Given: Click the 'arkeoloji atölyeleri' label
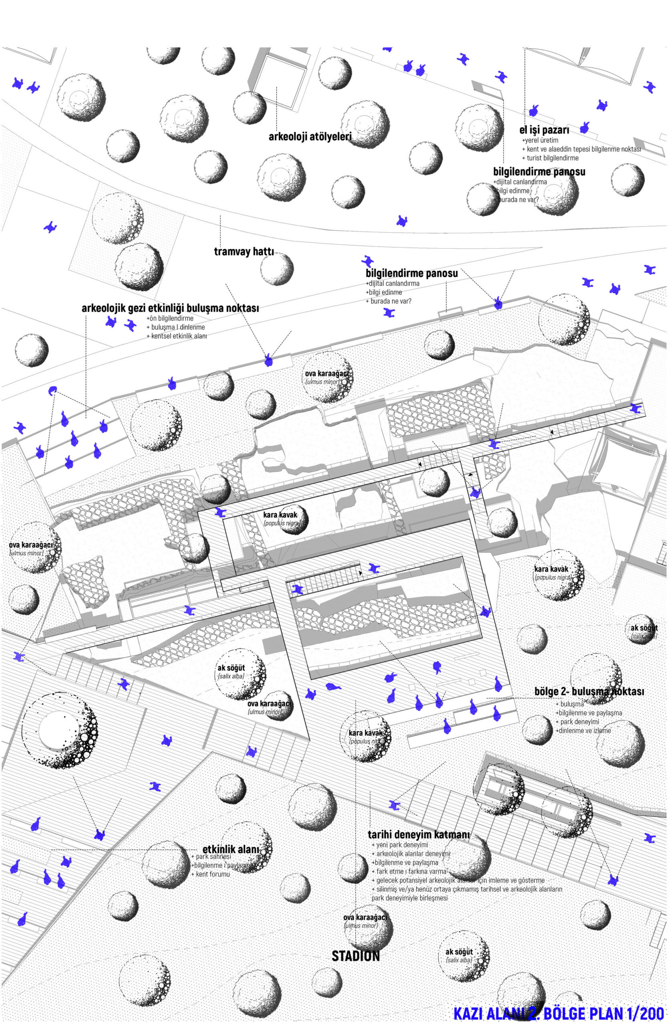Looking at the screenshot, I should point(310,137).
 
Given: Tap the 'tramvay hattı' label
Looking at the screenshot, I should point(244,251).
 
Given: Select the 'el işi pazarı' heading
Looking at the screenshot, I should point(544,130).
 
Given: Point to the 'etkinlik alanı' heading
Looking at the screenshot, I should point(230,850).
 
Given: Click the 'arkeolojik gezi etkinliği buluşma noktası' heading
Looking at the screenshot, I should point(170,308).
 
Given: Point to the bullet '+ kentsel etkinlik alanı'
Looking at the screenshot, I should point(176,336).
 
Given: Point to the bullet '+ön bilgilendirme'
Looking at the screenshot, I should point(170,318).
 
